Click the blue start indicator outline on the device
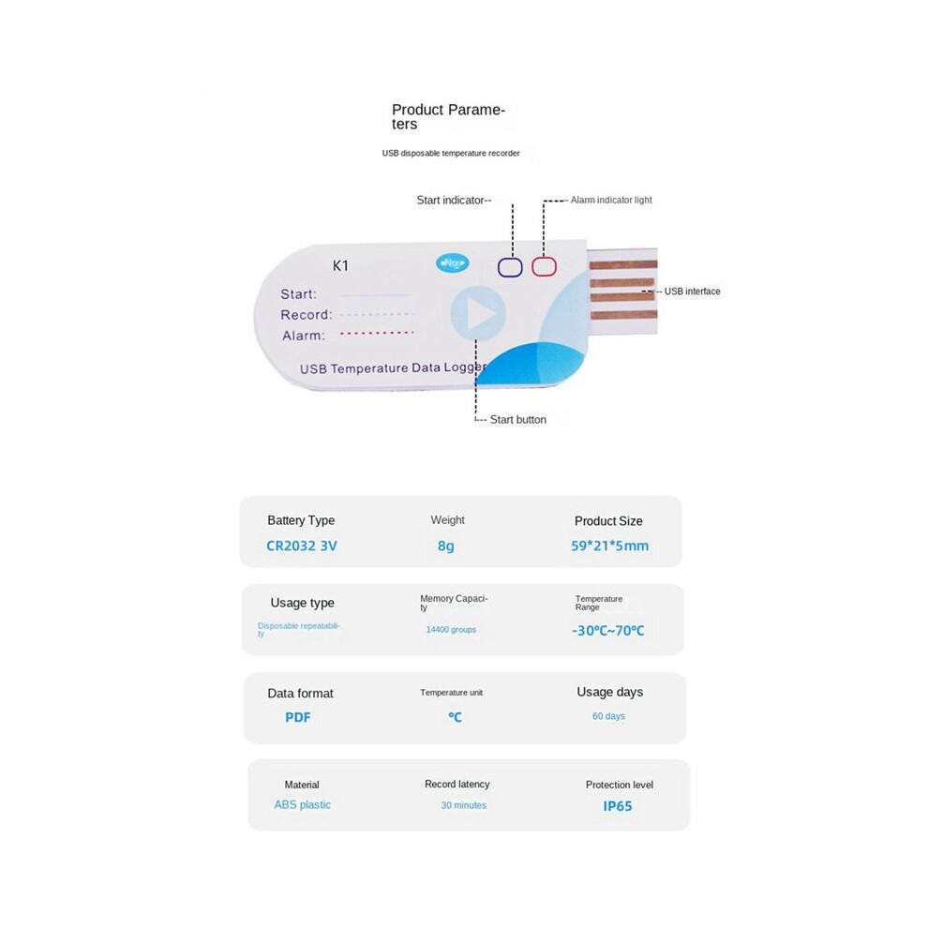499,267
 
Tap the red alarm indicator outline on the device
532,267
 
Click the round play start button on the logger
478,313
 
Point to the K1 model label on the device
340,265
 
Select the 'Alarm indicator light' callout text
611,200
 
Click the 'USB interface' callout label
693,292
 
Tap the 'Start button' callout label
517,420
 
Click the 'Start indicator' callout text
450,200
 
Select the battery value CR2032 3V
302,546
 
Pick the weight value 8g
446,546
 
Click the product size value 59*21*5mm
609,546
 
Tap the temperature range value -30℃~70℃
608,631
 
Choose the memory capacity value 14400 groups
451,630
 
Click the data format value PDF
298,717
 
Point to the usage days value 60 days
608,716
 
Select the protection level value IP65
618,806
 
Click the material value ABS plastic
303,804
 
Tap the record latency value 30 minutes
463,805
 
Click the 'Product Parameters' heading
448,116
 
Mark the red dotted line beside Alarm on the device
377,333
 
